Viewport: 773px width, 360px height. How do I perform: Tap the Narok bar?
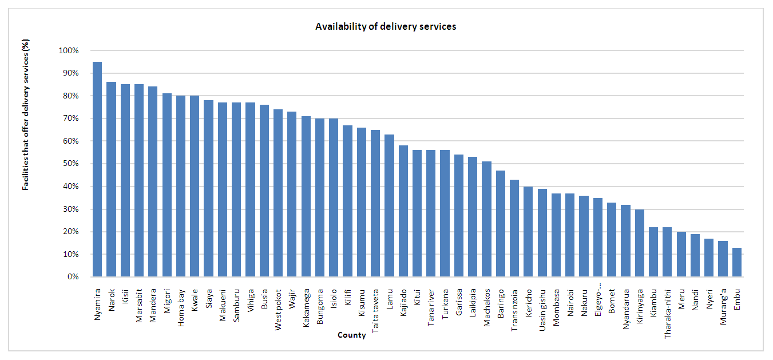click(111, 180)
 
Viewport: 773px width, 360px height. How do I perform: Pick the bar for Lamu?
click(389, 205)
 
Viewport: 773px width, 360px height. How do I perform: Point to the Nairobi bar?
click(570, 235)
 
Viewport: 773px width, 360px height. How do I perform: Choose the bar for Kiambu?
click(653, 252)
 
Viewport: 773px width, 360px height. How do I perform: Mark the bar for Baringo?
click(500, 224)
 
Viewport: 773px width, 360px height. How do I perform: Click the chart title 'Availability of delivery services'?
click(386, 26)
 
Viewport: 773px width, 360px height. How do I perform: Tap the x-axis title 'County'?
click(351, 335)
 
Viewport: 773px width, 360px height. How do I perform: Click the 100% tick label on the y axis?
click(69, 50)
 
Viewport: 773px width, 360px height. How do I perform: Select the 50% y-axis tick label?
click(70, 164)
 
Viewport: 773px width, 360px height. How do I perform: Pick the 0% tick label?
click(73, 277)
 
